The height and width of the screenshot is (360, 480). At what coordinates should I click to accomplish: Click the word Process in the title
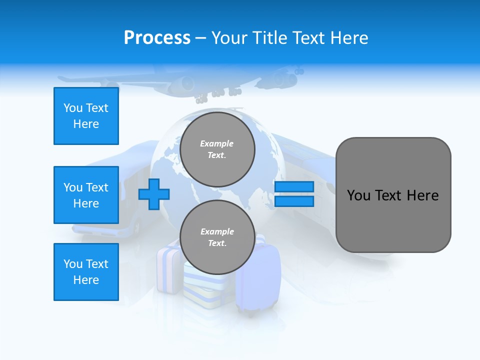coord(157,38)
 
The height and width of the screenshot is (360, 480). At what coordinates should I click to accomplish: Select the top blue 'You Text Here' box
coord(86,116)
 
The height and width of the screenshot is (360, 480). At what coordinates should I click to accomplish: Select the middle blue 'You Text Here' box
coord(86,195)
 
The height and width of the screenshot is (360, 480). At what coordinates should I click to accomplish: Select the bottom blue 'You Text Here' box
coord(86,272)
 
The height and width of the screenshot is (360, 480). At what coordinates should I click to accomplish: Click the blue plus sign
coord(154,194)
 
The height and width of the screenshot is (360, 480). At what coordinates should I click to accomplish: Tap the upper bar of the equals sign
coord(294,187)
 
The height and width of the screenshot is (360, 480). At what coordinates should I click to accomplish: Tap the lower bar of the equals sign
coord(294,201)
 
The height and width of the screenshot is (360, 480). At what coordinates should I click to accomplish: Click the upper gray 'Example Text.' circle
coord(217,149)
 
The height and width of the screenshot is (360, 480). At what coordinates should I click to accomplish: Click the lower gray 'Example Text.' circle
coord(217,237)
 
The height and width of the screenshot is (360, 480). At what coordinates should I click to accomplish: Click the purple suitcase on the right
coord(259,280)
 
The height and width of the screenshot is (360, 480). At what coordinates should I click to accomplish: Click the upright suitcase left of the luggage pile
coord(169,270)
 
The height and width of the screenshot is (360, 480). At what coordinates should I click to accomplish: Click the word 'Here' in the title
coord(348,38)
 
